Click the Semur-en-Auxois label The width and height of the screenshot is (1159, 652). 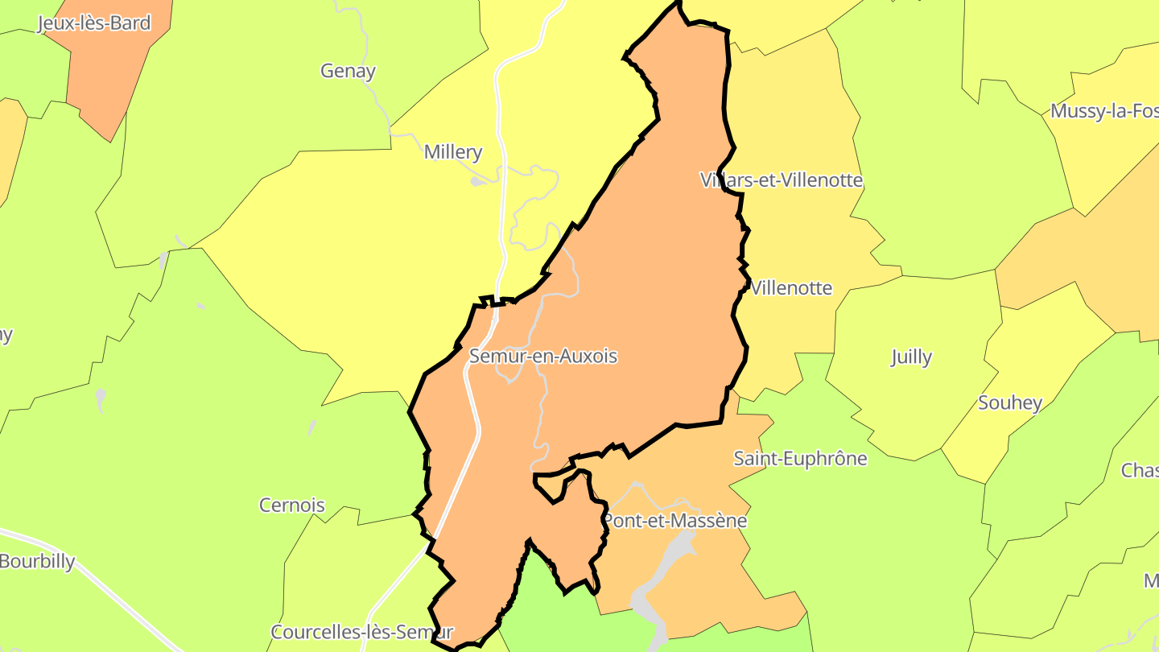pos(543,356)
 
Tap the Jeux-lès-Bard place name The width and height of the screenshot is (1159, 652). pos(94,23)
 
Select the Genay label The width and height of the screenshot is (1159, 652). pos(348,71)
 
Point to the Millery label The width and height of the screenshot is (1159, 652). pos(453,151)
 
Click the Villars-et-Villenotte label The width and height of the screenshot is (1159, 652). pos(782,180)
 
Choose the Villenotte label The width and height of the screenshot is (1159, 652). pos(791,288)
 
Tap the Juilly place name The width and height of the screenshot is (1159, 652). pos(911,357)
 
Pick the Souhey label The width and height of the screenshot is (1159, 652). pos(1010,402)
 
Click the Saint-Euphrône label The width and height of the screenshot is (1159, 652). pos(800,459)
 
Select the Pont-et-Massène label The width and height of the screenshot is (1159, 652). pos(675,521)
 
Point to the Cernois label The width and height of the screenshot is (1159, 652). pos(292,506)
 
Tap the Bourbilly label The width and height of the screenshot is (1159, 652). pos(37,561)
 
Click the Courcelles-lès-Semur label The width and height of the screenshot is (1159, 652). pos(362,632)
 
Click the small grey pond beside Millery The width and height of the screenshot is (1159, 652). pos(477,182)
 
